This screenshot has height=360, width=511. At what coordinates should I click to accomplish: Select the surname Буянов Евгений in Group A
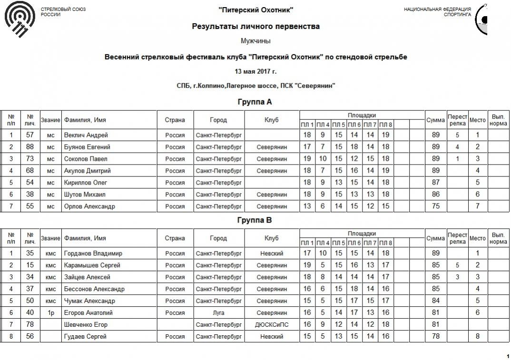[87, 147]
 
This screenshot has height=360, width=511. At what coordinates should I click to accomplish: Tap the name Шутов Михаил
[85, 195]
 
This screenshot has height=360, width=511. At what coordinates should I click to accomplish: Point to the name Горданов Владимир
[93, 253]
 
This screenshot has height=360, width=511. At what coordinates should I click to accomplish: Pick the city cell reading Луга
[219, 313]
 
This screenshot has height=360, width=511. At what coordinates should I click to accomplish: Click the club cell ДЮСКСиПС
[272, 325]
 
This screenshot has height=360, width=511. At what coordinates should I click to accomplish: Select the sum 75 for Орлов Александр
[435, 206]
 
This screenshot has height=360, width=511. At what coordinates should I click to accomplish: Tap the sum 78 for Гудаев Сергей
[435, 337]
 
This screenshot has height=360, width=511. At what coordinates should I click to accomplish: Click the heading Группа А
[255, 102]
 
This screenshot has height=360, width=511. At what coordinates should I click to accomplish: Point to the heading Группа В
[255, 220]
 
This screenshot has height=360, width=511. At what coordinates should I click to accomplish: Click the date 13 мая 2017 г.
[255, 71]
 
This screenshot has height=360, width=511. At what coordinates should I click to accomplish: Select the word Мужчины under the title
[255, 41]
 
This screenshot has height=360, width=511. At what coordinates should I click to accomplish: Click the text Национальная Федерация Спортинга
[437, 12]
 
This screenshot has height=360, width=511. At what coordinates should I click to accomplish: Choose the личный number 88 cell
[30, 147]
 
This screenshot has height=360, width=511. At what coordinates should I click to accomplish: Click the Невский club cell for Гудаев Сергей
[272, 337]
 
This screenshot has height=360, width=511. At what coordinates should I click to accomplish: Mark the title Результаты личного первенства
[255, 26]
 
